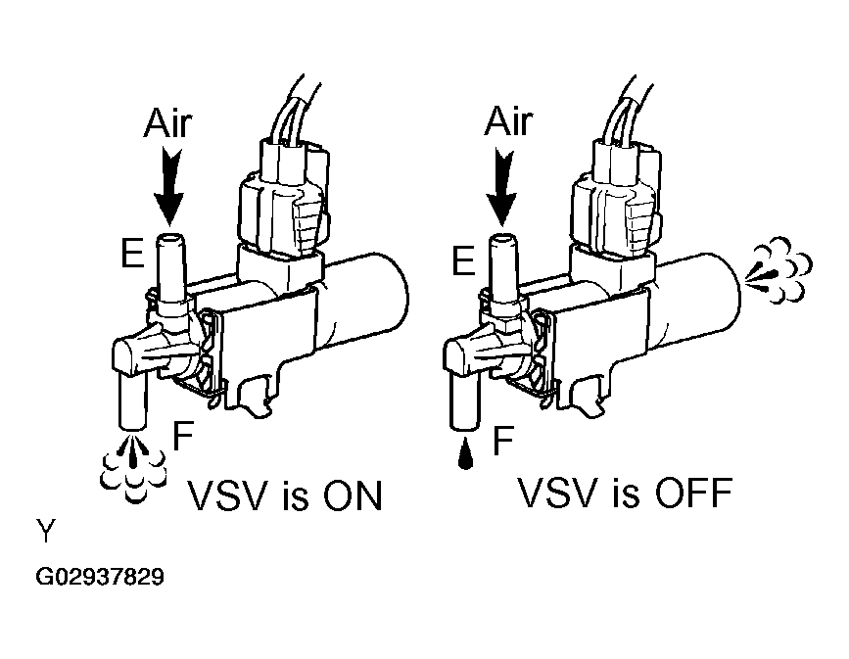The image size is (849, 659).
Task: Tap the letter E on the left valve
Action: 126,257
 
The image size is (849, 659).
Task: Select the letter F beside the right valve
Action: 503,441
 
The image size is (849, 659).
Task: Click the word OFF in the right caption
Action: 684,494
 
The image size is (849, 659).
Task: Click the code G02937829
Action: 100,578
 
